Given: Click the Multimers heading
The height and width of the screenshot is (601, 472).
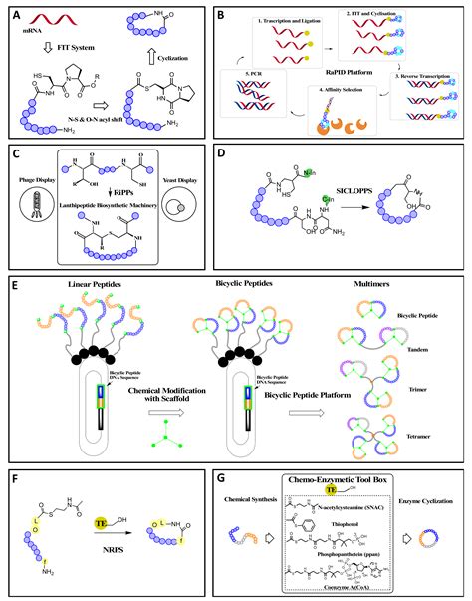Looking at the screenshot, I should click(394, 286).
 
